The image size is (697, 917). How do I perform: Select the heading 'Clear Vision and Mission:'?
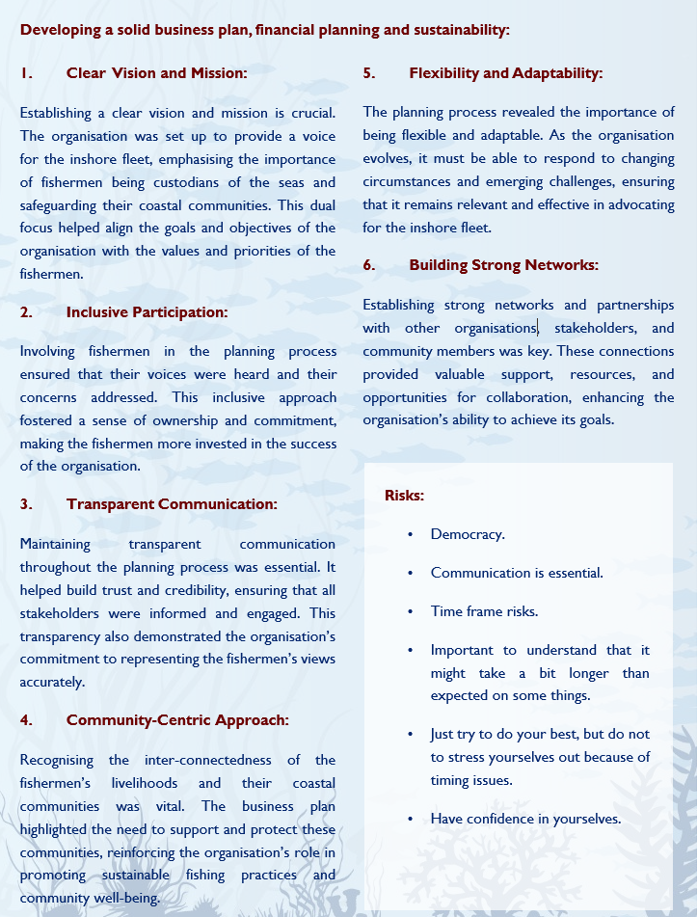point(156,72)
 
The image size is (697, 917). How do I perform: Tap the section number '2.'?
point(27,311)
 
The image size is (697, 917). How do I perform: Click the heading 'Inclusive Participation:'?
point(147,311)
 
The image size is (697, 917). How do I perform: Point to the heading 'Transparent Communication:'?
point(172,503)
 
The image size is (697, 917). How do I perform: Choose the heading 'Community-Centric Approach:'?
point(177,719)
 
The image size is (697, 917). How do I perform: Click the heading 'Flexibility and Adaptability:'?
point(505,73)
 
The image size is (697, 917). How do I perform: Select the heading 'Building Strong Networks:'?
point(503,264)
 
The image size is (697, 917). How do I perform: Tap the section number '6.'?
point(369,265)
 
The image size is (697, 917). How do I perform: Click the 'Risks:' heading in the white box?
point(404,496)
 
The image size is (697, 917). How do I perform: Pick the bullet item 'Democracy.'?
point(468,534)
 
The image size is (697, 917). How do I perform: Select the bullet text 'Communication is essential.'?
point(517,573)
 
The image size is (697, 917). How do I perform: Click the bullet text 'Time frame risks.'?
point(484,611)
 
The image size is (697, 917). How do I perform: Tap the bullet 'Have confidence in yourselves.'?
point(525,819)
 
